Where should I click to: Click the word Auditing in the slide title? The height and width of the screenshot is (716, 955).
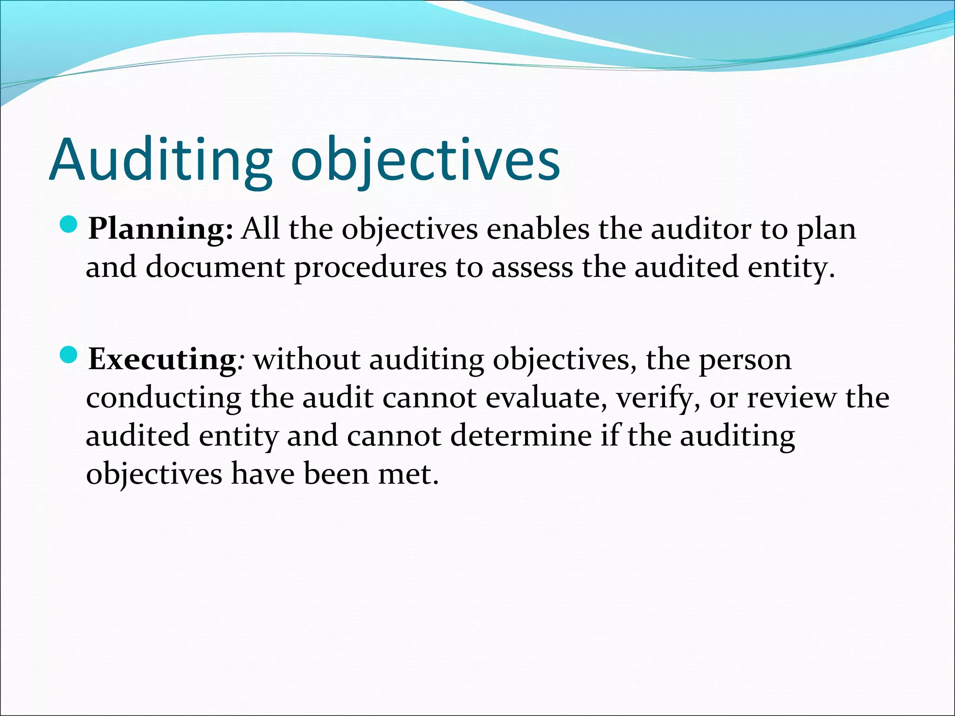point(159,159)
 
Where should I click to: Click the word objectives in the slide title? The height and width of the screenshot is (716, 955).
point(425,159)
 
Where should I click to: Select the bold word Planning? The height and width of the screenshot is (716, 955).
point(160,230)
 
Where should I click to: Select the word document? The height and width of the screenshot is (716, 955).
point(215,267)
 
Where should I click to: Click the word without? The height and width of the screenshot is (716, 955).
point(307,359)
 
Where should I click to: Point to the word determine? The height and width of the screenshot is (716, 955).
point(521,436)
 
